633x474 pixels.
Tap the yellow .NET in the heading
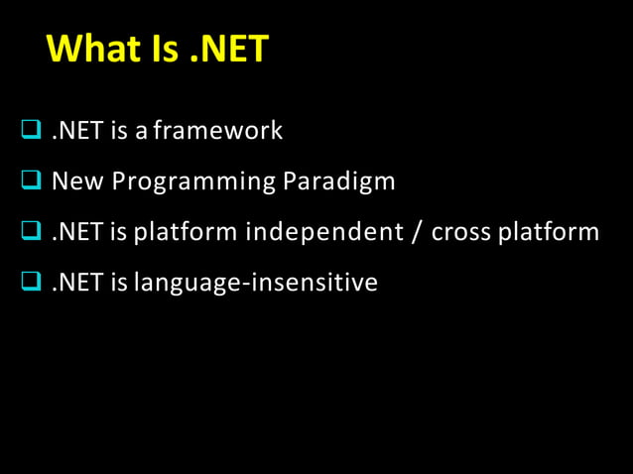pyautogui.click(x=228, y=49)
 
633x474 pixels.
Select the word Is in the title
pyautogui.click(x=167, y=49)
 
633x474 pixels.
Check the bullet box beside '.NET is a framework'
pyautogui.click(x=30, y=130)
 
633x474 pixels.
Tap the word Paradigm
pyautogui.click(x=339, y=181)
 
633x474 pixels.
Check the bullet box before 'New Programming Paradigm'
pyautogui.click(x=30, y=181)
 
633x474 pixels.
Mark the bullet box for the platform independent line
pyautogui.click(x=30, y=232)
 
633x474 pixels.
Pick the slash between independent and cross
pyautogui.click(x=412, y=233)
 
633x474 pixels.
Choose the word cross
pyautogui.click(x=460, y=233)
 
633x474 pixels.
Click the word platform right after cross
pyautogui.click(x=549, y=233)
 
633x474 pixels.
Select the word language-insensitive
pyautogui.click(x=256, y=284)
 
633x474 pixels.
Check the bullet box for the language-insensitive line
pyautogui.click(x=30, y=284)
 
